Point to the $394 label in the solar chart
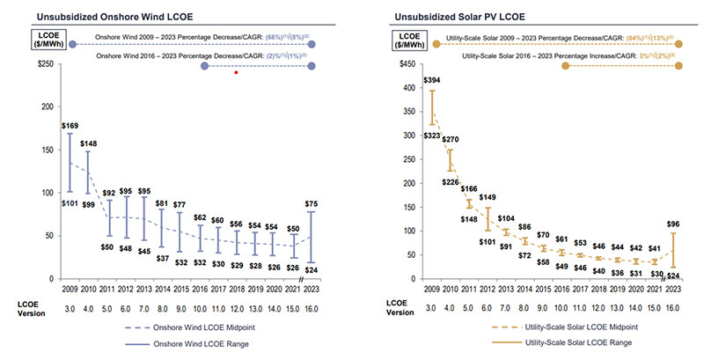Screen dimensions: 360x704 coord(432,81)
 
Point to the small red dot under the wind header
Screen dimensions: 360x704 coord(237,73)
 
